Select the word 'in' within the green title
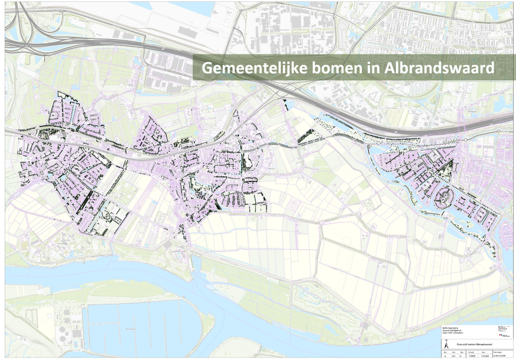(x=374, y=69)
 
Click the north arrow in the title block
(x=446, y=345)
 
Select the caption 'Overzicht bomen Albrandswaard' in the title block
(x=474, y=345)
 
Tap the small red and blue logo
(x=501, y=335)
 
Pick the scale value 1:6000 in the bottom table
(x=472, y=356)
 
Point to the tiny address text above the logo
(x=503, y=329)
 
